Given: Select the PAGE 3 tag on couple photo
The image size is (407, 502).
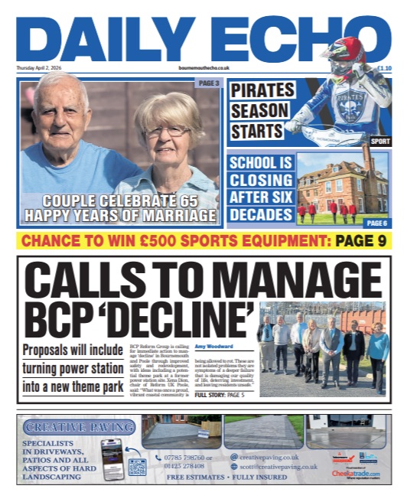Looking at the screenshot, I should pyautogui.click(x=207, y=83).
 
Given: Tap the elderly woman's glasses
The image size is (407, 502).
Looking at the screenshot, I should pyautogui.click(x=167, y=132).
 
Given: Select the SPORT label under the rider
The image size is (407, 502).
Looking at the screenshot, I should pyautogui.click(x=380, y=142).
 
